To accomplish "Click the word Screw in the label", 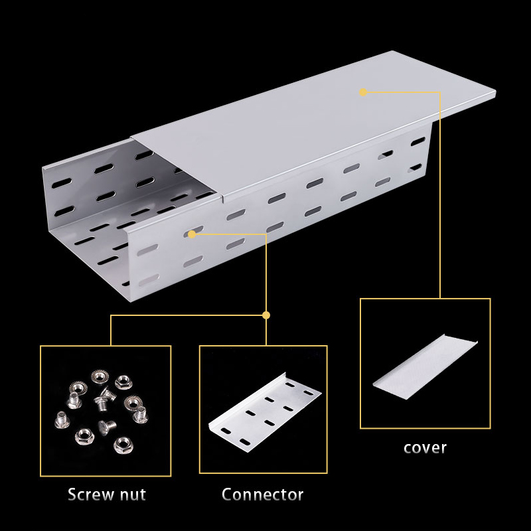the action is tap(90, 494).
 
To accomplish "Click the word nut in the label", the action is tap(133, 494).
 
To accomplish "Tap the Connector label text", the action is tap(262, 494).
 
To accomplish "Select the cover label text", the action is tap(425, 447).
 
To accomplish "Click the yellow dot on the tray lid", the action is tap(363, 92).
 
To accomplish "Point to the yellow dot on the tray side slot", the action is tap(192, 234).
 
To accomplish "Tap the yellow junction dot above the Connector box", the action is tap(266, 315).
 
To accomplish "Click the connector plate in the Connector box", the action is tap(265, 413).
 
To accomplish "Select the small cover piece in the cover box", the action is tap(425, 368).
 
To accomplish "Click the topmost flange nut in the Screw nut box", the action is tap(100, 376).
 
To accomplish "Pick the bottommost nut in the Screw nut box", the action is tap(123, 445).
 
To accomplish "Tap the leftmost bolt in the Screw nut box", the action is tap(62, 420).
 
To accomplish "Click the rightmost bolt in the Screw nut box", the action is tap(141, 415).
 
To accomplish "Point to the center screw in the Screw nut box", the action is tap(105, 399).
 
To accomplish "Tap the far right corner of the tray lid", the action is tap(495, 91).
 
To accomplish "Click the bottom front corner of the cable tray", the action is tap(131, 301).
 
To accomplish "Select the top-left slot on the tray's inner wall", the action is tap(62, 183).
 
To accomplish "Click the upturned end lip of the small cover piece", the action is tap(461, 339).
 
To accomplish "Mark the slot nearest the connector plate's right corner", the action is tap(309, 393).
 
